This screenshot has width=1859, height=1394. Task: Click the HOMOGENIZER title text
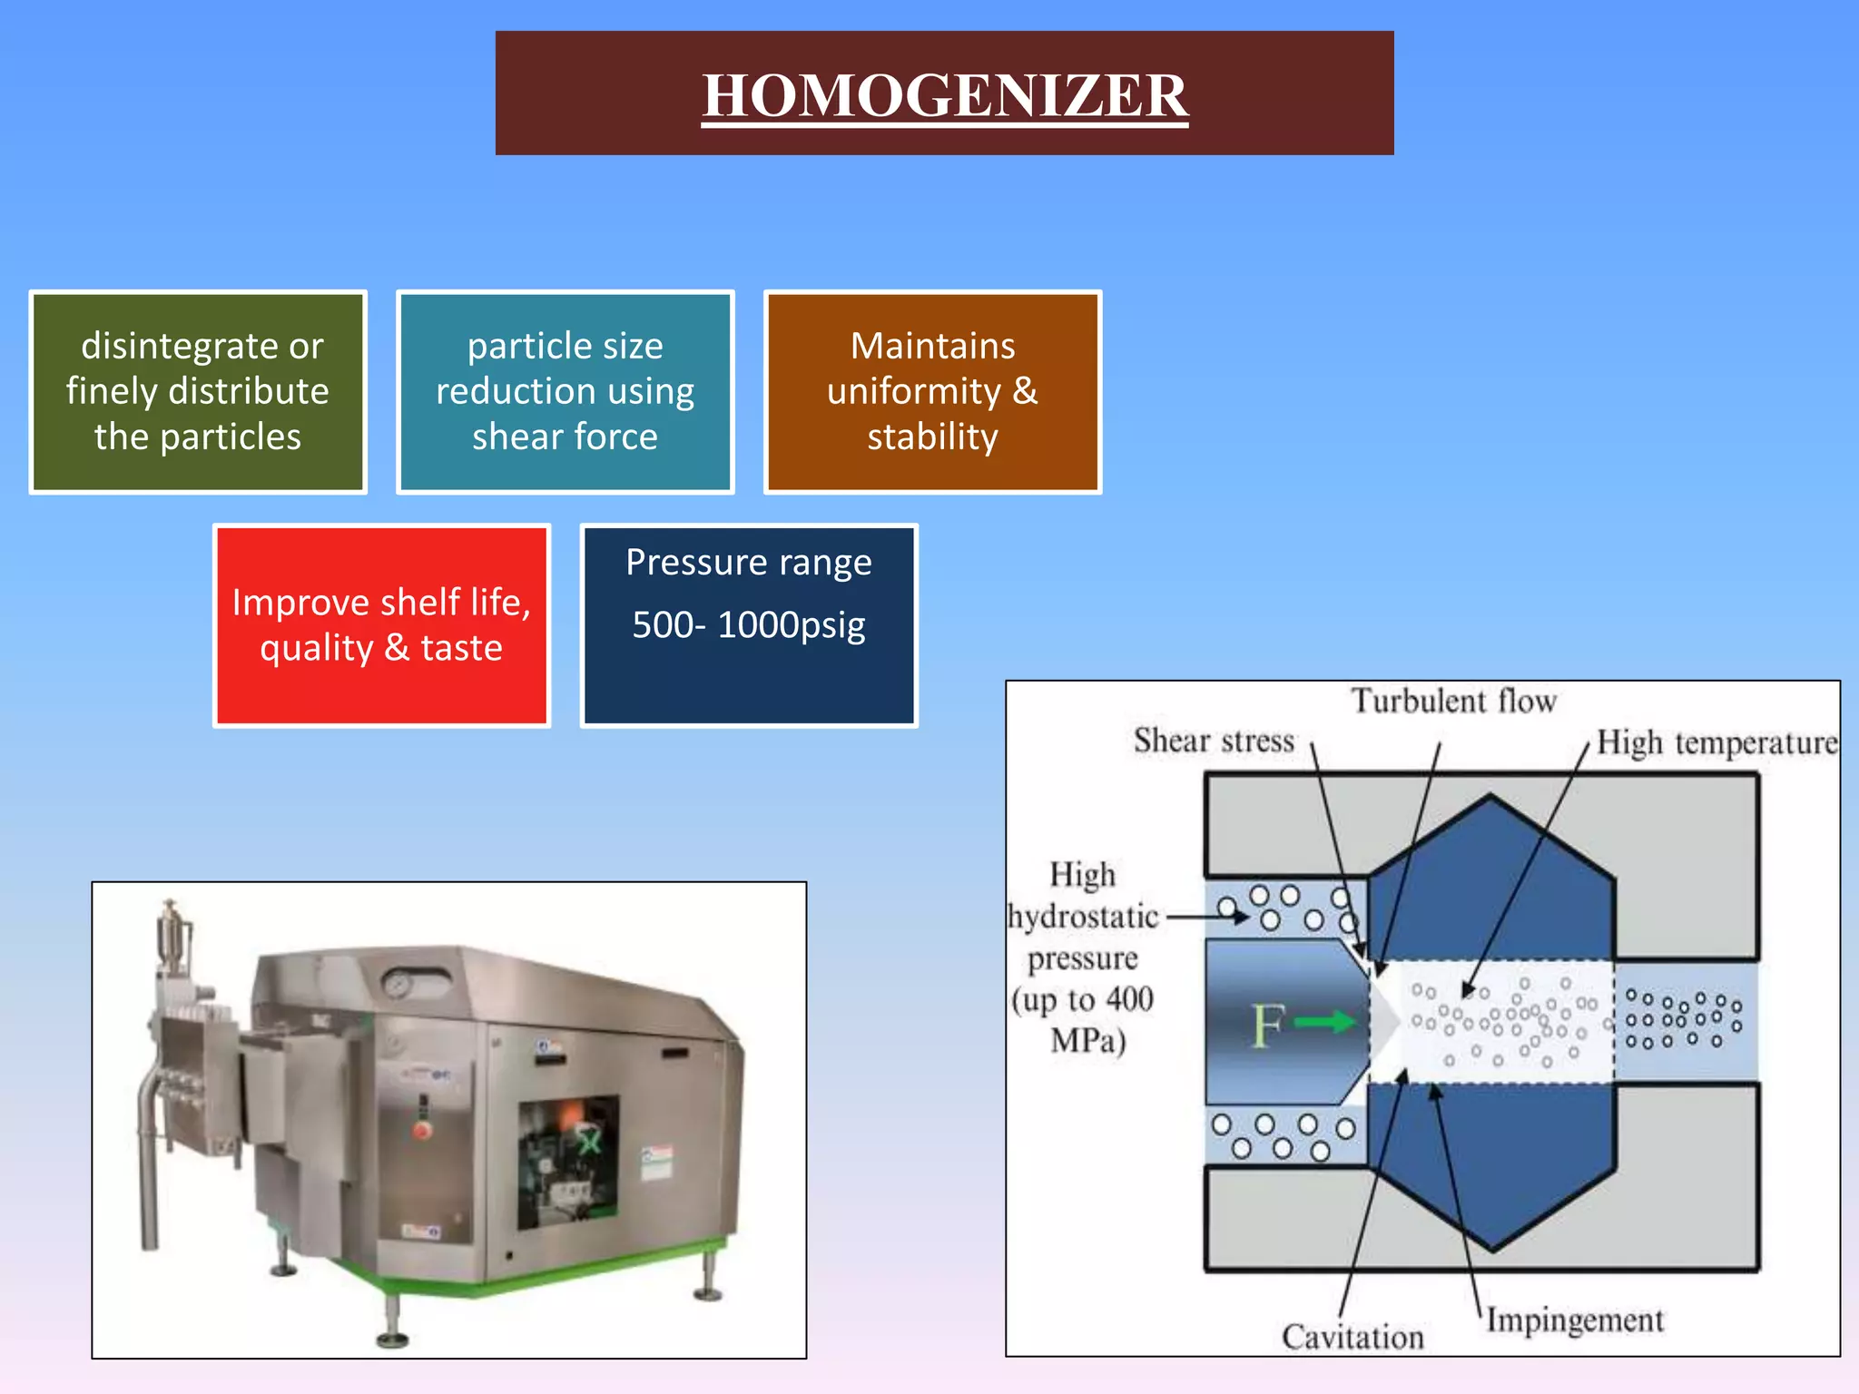click(945, 95)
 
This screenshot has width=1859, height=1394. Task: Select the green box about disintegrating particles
click(198, 392)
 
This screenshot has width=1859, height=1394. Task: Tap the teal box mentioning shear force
click(565, 392)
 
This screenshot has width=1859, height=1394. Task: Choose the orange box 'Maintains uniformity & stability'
click(932, 392)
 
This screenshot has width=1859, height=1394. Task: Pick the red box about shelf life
click(381, 625)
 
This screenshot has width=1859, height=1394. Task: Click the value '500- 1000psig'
click(749, 625)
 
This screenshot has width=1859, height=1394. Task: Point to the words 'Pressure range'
click(749, 563)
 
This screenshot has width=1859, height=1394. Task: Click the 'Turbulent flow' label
click(1453, 702)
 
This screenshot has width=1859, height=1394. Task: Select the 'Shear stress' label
click(1214, 741)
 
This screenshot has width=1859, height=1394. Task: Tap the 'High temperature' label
click(1716, 743)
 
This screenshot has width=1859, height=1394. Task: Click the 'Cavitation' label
click(1352, 1337)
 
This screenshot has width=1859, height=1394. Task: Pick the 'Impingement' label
click(1575, 1320)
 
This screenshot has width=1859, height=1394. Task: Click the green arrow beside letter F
click(1325, 1024)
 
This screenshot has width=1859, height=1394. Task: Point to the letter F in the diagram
click(1268, 1026)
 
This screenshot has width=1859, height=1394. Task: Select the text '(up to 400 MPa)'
click(1084, 1020)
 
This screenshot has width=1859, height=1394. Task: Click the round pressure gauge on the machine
click(397, 984)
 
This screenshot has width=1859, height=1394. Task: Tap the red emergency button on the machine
click(421, 1131)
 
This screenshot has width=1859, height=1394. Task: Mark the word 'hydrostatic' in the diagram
click(1084, 917)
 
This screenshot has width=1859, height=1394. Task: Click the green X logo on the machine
click(590, 1141)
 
